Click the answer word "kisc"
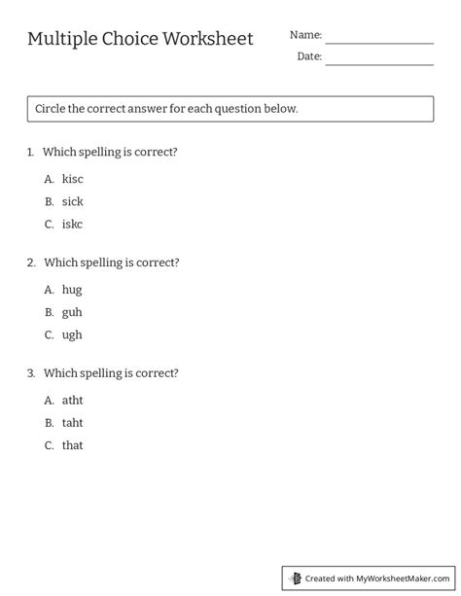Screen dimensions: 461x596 (73, 179)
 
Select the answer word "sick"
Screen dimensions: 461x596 (73, 201)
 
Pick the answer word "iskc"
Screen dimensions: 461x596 (73, 224)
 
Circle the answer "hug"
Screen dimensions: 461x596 (72, 290)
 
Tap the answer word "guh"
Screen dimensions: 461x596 (72, 312)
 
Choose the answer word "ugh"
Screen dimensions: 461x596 (72, 334)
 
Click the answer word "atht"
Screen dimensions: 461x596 (73, 400)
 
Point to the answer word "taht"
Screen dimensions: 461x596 (73, 423)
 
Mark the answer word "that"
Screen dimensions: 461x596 (73, 445)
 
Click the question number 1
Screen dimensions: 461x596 (31, 152)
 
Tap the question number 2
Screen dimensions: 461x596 (31, 263)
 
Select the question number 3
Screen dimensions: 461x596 (31, 373)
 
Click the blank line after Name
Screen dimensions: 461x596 (379, 42)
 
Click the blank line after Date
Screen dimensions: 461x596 (379, 63)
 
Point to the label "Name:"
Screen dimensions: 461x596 (305, 35)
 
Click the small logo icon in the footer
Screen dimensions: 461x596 (295, 578)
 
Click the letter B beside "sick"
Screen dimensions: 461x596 (49, 201)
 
